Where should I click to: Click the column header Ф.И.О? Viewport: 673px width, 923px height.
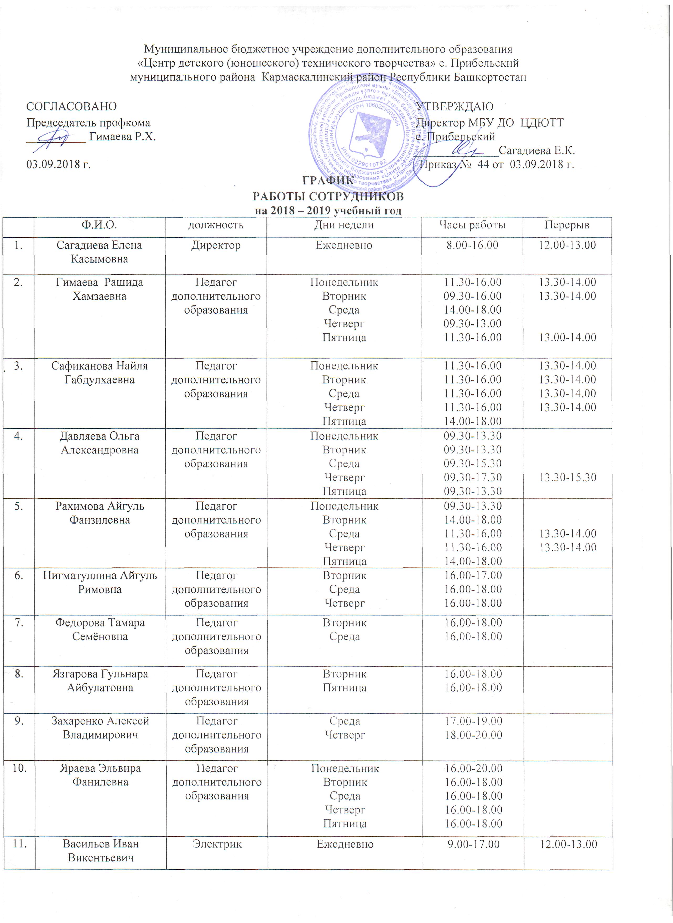tap(100, 225)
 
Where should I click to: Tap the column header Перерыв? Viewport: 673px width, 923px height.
tap(567, 225)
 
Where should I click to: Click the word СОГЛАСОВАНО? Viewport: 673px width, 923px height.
tap(71, 107)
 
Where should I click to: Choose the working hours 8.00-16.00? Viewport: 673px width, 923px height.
tap(472, 245)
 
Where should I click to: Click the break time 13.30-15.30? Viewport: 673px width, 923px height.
tap(567, 477)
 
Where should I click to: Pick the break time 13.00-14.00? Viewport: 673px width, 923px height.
tap(567, 337)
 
